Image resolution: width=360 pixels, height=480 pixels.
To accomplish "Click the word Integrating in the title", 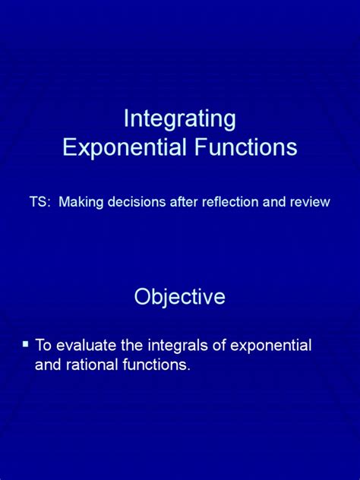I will pos(180,120).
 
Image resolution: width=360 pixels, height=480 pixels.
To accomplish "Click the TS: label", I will pos(39,203).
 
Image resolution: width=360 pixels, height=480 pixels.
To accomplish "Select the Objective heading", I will pos(180,296).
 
